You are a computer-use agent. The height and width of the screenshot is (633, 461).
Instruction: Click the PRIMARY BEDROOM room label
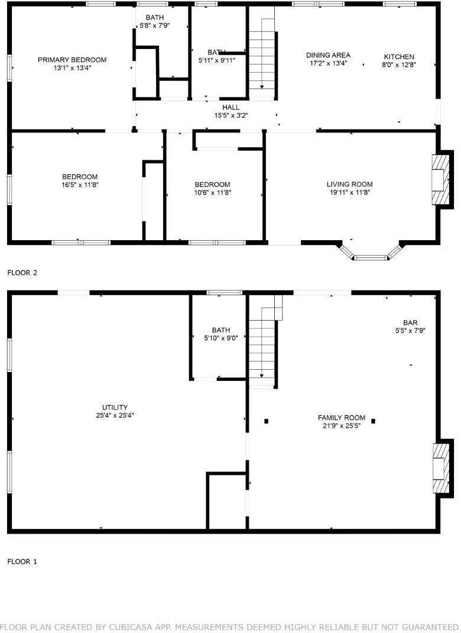pyautogui.click(x=72, y=60)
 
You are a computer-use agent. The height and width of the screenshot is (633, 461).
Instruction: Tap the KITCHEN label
pyautogui.click(x=400, y=57)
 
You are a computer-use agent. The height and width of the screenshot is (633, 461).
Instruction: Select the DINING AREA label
pyautogui.click(x=327, y=55)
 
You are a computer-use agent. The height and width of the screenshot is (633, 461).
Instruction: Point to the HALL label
pyautogui.click(x=230, y=107)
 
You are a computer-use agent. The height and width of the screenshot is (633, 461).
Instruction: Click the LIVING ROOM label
pyautogui.click(x=350, y=184)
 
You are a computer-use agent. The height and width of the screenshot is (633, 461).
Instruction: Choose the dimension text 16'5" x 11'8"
pyautogui.click(x=80, y=185)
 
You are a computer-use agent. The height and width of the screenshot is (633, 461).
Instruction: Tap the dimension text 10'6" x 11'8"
pyautogui.click(x=213, y=192)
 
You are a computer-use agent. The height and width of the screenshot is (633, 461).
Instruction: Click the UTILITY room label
pyautogui.click(x=115, y=407)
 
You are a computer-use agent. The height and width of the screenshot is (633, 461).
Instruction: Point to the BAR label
pyautogui.click(x=410, y=322)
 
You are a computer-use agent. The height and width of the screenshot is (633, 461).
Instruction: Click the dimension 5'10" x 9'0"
pyautogui.click(x=221, y=338)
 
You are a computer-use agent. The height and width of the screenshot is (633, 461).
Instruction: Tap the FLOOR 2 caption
pyautogui.click(x=22, y=273)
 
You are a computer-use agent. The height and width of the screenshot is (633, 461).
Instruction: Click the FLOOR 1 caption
pyautogui.click(x=22, y=561)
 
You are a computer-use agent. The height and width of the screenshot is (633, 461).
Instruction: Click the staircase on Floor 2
pyautogui.click(x=261, y=60)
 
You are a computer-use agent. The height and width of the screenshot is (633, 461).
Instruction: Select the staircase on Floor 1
pyautogui.click(x=262, y=347)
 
